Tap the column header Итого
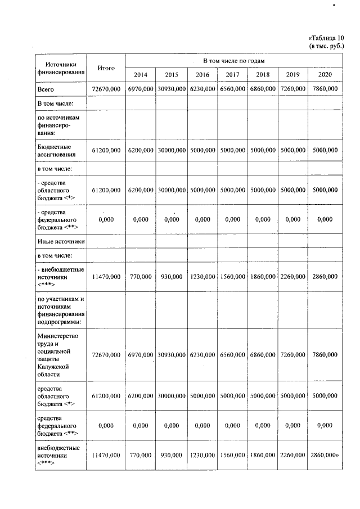pyautogui.click(x=106, y=68)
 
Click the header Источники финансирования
pyautogui.click(x=61, y=68)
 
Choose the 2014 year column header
pyautogui.click(x=141, y=75)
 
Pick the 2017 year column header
pyautogui.click(x=232, y=75)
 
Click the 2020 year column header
pyautogui.click(x=325, y=75)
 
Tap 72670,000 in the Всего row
pyautogui.click(x=106, y=89)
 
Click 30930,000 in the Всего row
pyautogui.click(x=172, y=89)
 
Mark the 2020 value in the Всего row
pyautogui.click(x=325, y=89)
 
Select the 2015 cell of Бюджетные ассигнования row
pyautogui.click(x=172, y=150)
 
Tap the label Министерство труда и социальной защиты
pyautogui.click(x=58, y=355)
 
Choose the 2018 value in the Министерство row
pyautogui.click(x=262, y=355)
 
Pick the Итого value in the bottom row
pyautogui.click(x=106, y=454)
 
